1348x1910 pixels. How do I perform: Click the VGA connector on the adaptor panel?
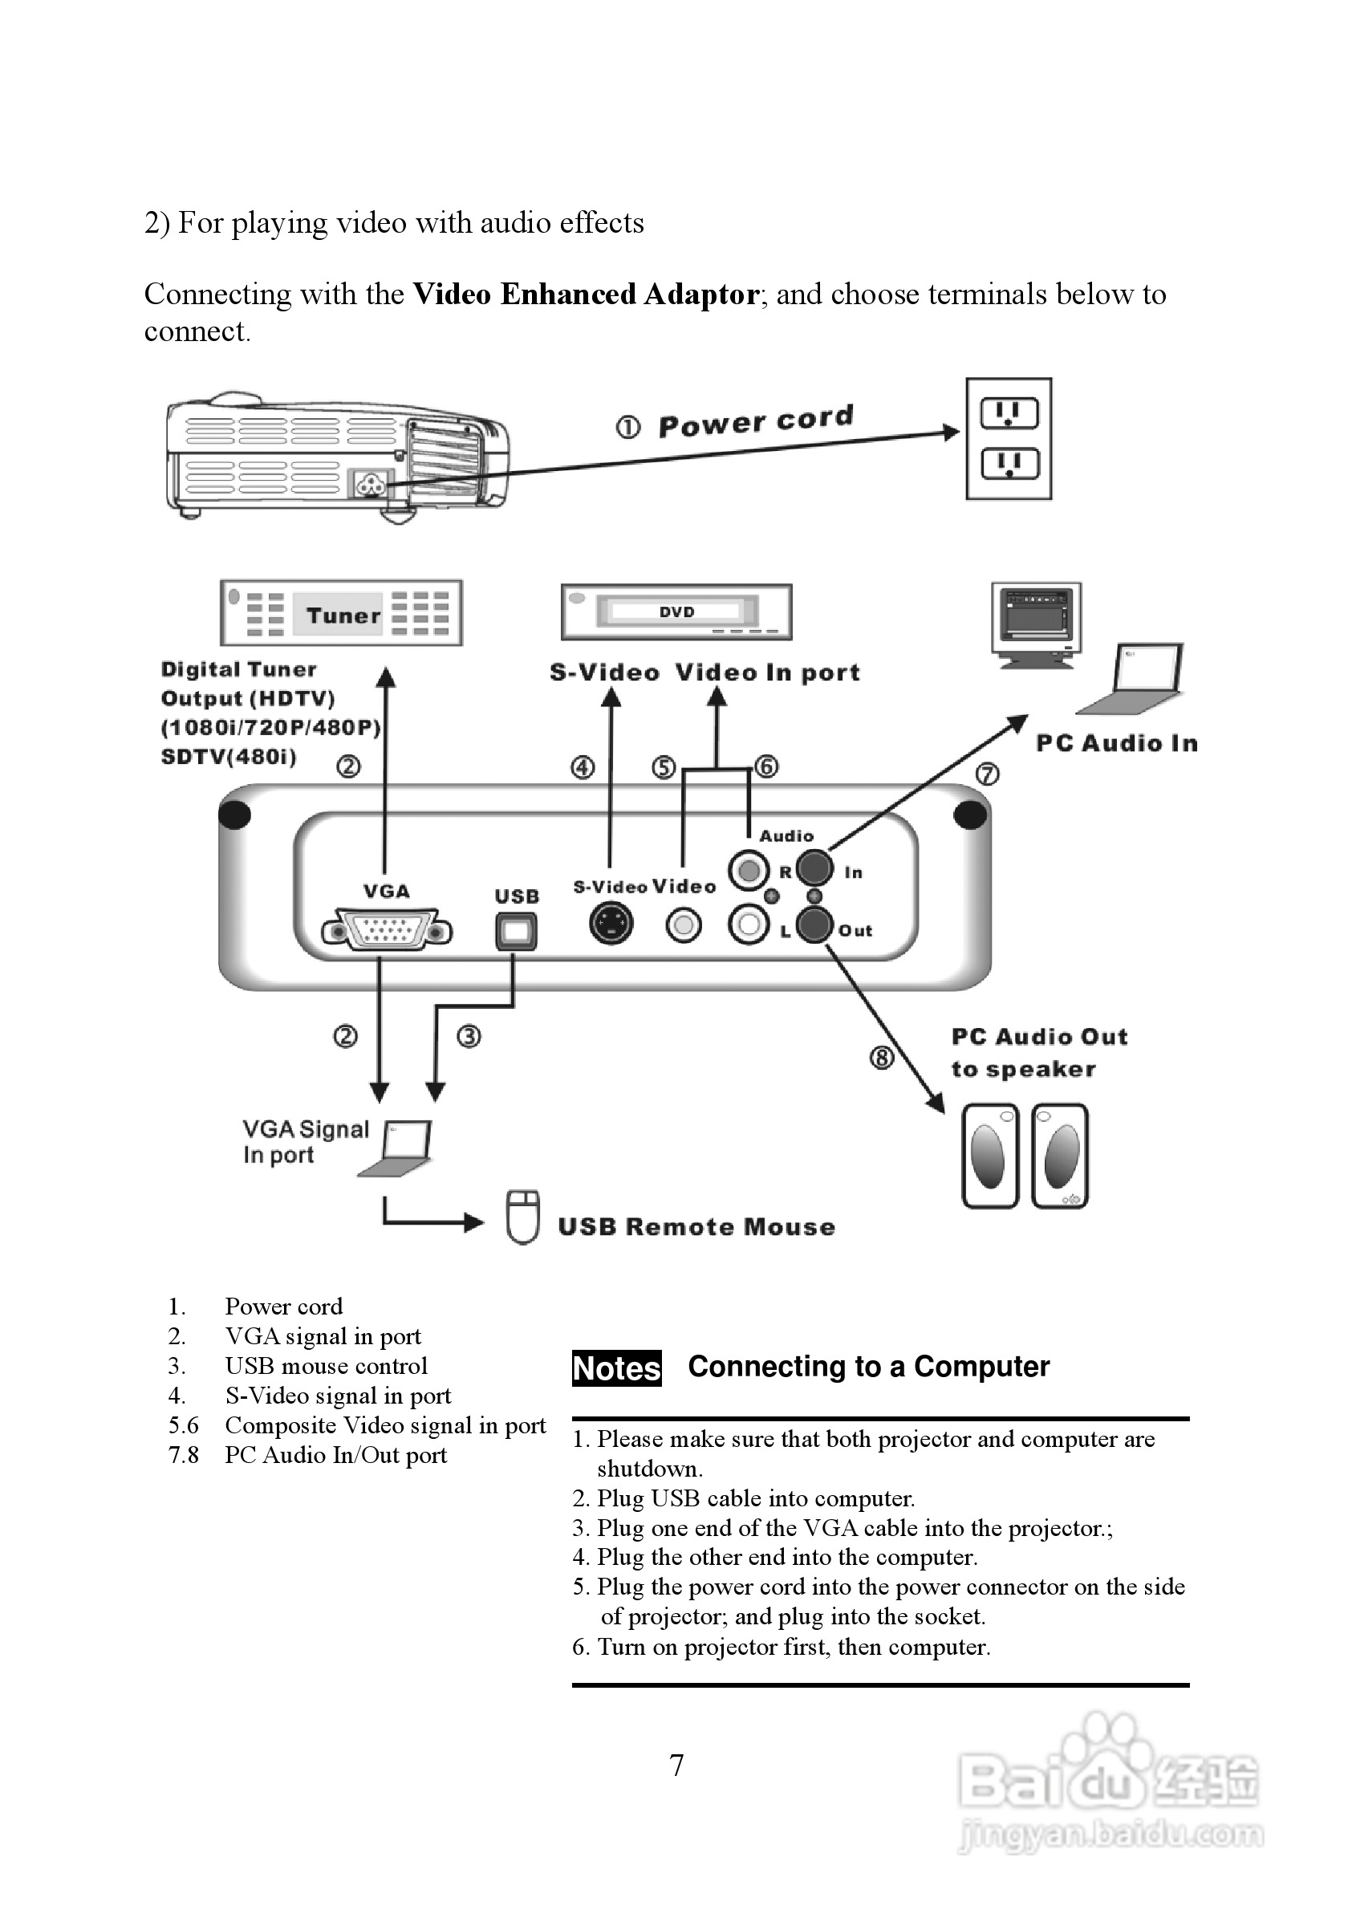pos(387,931)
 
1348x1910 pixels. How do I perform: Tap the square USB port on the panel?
pos(516,932)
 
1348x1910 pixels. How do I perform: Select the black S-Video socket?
pos(611,925)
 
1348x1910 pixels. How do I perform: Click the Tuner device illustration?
pos(341,613)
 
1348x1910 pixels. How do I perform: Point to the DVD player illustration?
pos(676,612)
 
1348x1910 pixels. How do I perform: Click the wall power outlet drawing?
pos(1009,438)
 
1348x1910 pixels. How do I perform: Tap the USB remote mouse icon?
pos(523,1218)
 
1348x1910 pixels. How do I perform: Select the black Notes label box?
pos(616,1368)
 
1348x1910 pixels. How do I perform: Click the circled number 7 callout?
pos(987,774)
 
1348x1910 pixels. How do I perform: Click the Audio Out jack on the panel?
pos(814,925)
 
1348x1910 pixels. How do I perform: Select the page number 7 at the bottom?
pos(677,1766)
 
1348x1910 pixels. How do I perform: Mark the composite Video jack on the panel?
pos(684,925)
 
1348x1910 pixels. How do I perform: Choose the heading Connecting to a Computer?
pos(868,1367)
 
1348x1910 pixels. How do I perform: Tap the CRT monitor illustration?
pos(1036,622)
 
